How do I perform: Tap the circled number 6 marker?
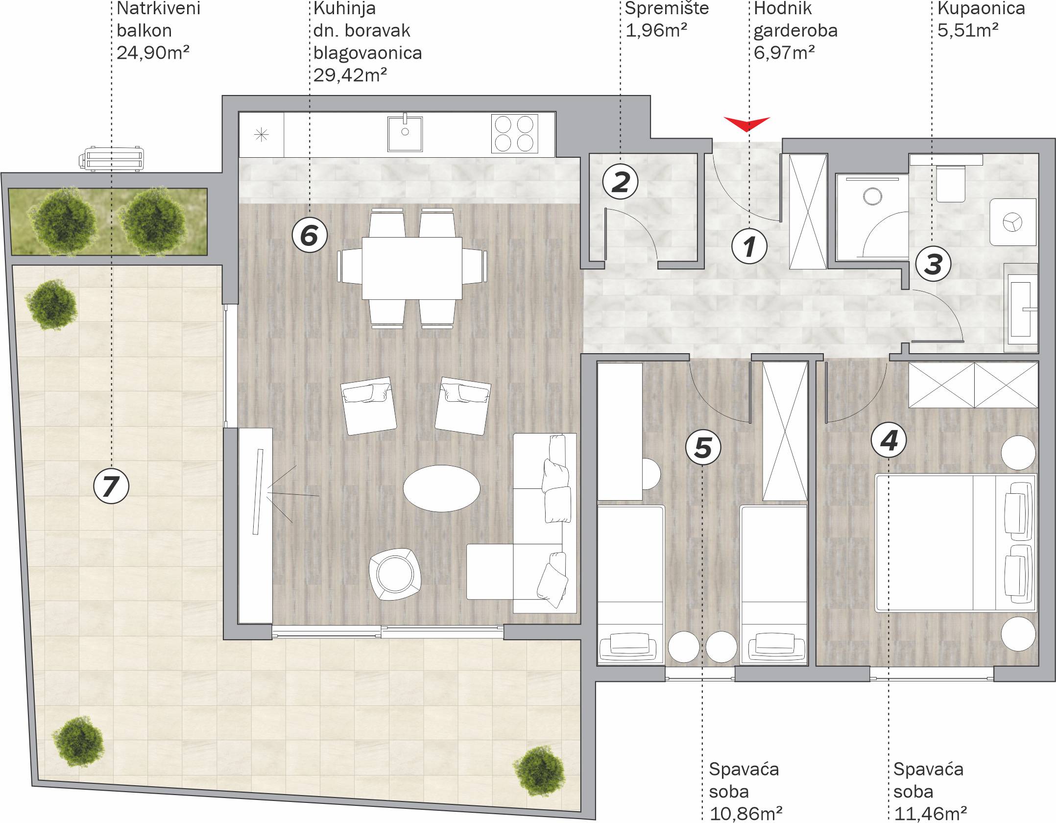point(310,235)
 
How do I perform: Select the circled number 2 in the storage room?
point(621,182)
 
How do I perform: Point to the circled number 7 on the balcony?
point(111,486)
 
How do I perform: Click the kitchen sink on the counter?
point(405,133)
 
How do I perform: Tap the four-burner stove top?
point(514,134)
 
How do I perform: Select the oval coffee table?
point(441,488)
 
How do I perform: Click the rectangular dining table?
point(412,268)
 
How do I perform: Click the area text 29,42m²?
point(350,75)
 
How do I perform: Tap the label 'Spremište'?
point(667,8)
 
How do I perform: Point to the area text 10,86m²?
point(745,814)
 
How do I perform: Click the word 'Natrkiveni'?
point(159,8)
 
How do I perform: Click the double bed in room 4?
point(956,543)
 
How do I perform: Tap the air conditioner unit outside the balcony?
point(111,158)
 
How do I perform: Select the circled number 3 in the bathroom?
point(933,264)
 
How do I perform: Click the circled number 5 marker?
point(703,447)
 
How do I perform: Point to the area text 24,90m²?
point(153,52)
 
